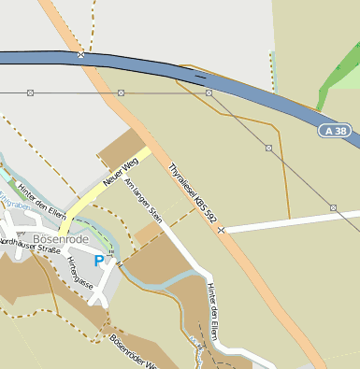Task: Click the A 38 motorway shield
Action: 336,131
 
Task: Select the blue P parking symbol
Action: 99,262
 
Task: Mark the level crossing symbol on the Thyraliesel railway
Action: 221,229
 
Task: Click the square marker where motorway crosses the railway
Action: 81,55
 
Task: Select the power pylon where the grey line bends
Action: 209,93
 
